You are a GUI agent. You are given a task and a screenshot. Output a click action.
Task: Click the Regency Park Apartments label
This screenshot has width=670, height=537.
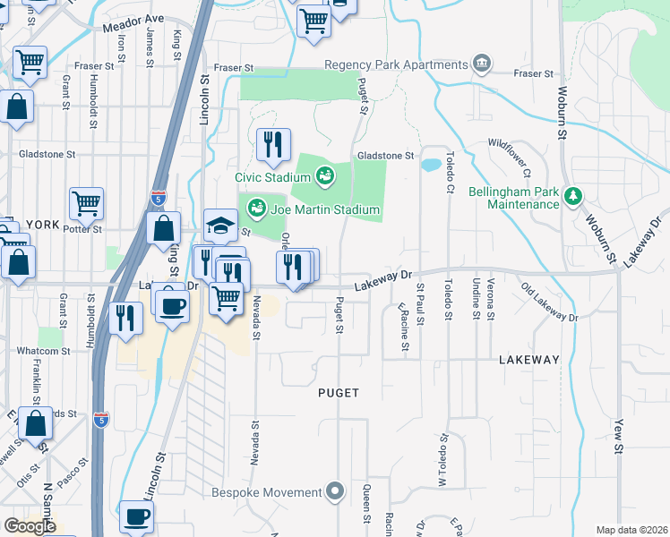point(395,64)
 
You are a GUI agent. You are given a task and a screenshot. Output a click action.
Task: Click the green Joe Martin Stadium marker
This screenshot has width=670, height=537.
point(258,209)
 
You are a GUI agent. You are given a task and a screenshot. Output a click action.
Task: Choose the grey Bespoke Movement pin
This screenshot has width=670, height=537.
point(335,491)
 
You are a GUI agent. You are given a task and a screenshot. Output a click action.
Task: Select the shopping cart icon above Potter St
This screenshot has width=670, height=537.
point(86,203)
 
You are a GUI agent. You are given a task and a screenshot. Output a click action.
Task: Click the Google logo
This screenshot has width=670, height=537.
point(30,526)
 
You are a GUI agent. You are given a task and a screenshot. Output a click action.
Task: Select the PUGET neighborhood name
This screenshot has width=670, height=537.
point(339,393)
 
